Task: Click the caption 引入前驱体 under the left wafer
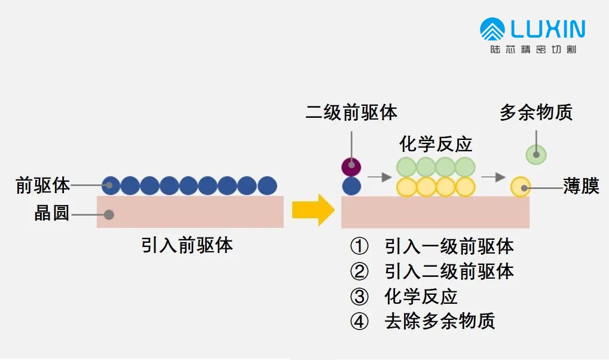pyautogui.click(x=187, y=245)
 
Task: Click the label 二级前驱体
pyautogui.click(x=351, y=113)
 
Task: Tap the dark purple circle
pyautogui.click(x=351, y=166)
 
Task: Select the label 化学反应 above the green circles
pyautogui.click(x=436, y=144)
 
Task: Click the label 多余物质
pyautogui.click(x=536, y=113)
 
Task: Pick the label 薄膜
pyautogui.click(x=581, y=186)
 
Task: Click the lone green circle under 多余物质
pyautogui.click(x=536, y=154)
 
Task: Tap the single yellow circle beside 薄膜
pyautogui.click(x=521, y=187)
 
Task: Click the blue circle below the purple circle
pyautogui.click(x=351, y=186)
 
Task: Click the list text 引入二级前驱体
pyautogui.click(x=449, y=271)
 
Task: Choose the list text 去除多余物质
pyautogui.click(x=440, y=321)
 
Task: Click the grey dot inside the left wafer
pyautogui.click(x=109, y=214)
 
